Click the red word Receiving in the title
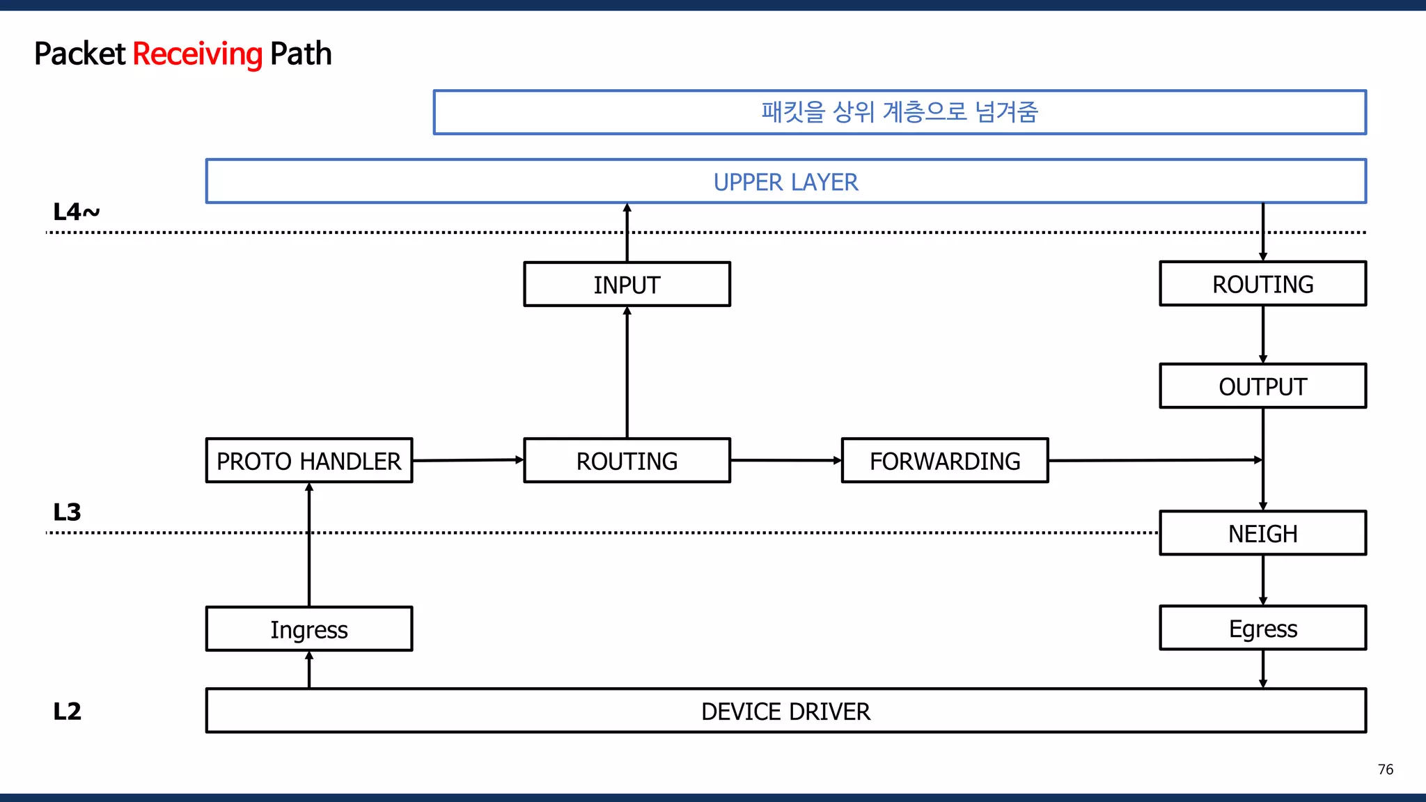[x=197, y=54]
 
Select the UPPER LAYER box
[x=785, y=182]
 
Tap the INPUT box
[x=627, y=285]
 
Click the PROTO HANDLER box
[x=308, y=461]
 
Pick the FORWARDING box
[x=944, y=461]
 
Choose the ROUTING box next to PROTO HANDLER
[x=627, y=461]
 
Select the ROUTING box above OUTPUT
[x=1262, y=284]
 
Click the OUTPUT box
[x=1262, y=386]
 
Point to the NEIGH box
[x=1262, y=534]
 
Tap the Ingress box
[x=308, y=629]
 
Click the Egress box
[x=1262, y=629]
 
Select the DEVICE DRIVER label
[x=785, y=711]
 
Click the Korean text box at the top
[x=899, y=112]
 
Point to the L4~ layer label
[x=76, y=212]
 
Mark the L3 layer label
[x=67, y=512]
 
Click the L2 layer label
[x=67, y=711]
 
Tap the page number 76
[x=1385, y=769]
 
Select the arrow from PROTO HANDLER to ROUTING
[x=468, y=460]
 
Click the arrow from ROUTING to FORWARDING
[x=785, y=460]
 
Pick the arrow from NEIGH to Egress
[x=1262, y=580]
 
